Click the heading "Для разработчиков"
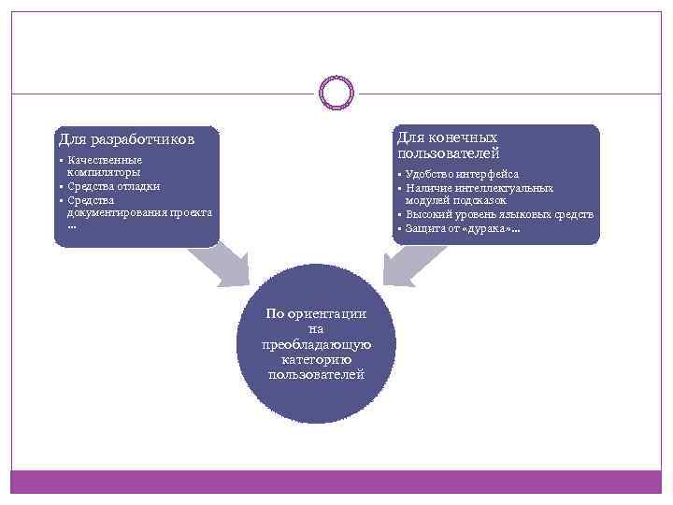tap(126, 140)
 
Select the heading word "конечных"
tap(462, 137)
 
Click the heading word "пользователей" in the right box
tap(449, 152)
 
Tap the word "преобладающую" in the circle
tap(317, 344)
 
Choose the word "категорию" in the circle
tap(317, 359)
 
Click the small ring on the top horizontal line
tap(336, 92)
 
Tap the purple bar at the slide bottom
tap(336, 482)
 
